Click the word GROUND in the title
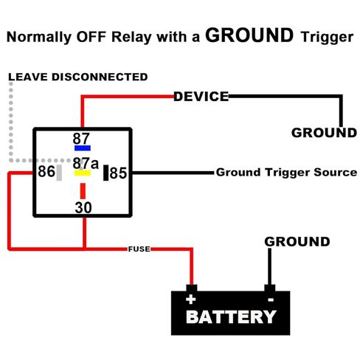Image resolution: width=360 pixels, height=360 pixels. [x=249, y=35]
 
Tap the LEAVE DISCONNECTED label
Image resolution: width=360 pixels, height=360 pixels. [x=78, y=77]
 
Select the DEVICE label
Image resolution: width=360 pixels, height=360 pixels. [x=201, y=97]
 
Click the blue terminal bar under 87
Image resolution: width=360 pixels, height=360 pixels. [x=83, y=148]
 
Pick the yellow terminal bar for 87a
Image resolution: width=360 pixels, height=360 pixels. [x=83, y=173]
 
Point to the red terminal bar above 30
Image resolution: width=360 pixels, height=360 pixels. [x=83, y=191]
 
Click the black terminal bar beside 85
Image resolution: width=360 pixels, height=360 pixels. [x=105, y=173]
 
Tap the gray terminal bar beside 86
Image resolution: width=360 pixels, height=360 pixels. [x=59, y=173]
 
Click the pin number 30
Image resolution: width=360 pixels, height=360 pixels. [x=83, y=207]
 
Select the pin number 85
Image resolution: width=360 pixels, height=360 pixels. [x=118, y=173]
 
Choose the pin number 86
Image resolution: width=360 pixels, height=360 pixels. [x=46, y=171]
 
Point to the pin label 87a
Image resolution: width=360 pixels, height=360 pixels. [x=86, y=163]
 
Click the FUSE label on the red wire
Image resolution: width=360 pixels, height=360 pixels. [x=139, y=249]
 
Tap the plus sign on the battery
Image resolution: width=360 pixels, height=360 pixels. [x=191, y=300]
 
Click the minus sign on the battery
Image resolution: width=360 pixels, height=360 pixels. [x=271, y=300]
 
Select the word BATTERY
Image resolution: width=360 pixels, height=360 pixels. [x=231, y=316]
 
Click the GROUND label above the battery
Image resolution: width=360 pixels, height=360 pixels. [x=297, y=242]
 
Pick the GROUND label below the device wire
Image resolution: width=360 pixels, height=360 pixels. [x=324, y=133]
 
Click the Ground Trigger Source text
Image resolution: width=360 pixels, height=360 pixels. [x=286, y=173]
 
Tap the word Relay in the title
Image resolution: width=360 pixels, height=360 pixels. [x=131, y=38]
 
